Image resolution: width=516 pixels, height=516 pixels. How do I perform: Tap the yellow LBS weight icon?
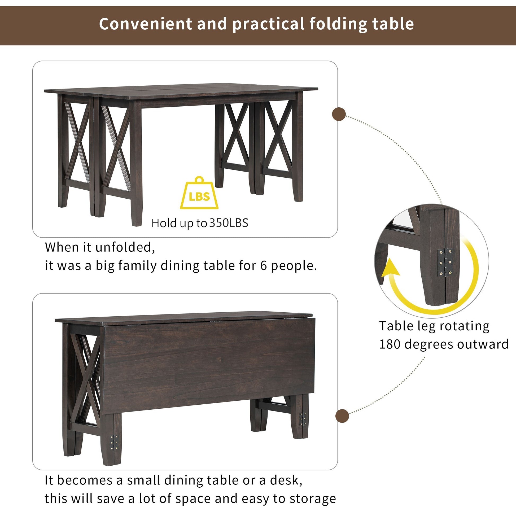[x=199, y=193]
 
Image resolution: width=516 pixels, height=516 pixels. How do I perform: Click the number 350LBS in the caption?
[x=229, y=223]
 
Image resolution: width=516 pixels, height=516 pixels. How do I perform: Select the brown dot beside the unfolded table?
[x=339, y=114]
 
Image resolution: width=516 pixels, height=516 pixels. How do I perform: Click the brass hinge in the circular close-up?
[x=445, y=262]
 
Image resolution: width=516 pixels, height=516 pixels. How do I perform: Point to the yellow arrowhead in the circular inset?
[x=391, y=267]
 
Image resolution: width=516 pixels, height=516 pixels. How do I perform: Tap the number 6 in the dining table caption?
[x=264, y=266]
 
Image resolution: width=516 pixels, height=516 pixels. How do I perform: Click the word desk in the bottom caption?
[x=286, y=480]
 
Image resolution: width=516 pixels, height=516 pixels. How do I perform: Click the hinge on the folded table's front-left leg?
[x=114, y=442]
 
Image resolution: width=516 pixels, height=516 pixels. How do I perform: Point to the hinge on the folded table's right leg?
[x=303, y=419]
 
